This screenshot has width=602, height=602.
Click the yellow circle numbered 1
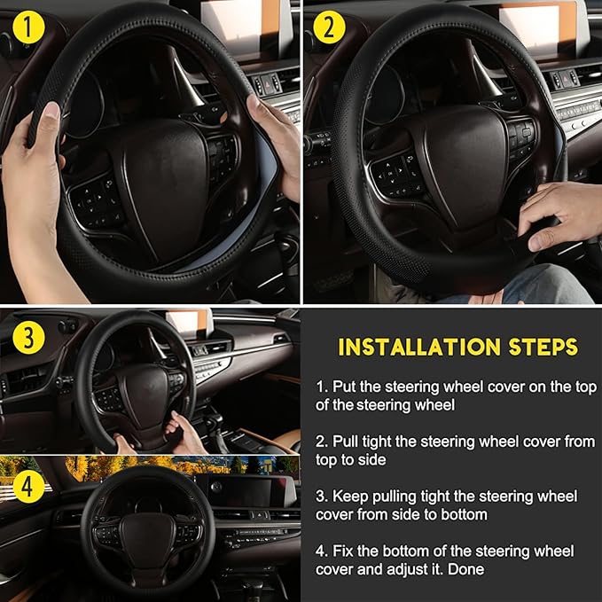[32, 28]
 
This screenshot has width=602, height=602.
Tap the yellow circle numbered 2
[330, 28]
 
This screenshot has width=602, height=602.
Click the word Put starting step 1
[345, 387]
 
